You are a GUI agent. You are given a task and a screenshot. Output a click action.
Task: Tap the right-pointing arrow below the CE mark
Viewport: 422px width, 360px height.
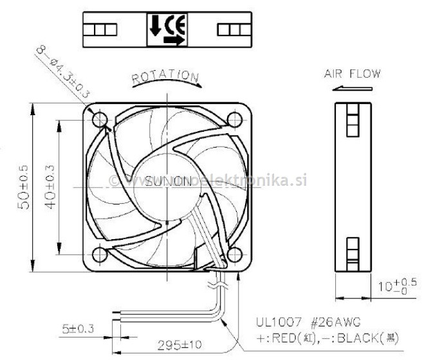pos(172,40)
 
